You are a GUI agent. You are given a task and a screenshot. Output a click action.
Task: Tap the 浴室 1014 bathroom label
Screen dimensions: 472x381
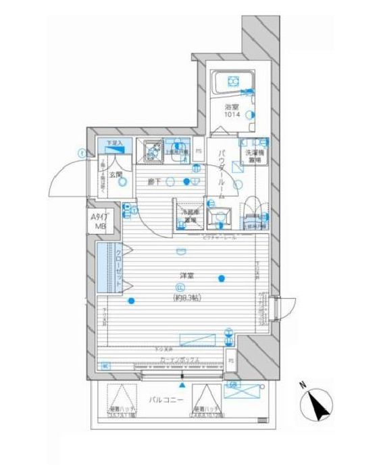click(x=233, y=111)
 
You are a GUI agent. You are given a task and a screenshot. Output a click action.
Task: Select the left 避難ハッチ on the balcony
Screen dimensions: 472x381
click(x=119, y=403)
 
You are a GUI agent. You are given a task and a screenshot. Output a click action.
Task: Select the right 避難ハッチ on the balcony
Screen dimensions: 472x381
click(x=205, y=403)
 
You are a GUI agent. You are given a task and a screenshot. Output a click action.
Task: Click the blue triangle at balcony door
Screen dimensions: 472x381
click(x=182, y=384)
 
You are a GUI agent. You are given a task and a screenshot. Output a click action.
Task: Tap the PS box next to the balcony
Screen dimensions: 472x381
click(x=231, y=361)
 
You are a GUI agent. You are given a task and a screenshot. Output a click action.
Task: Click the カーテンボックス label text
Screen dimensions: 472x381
click(x=178, y=360)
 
